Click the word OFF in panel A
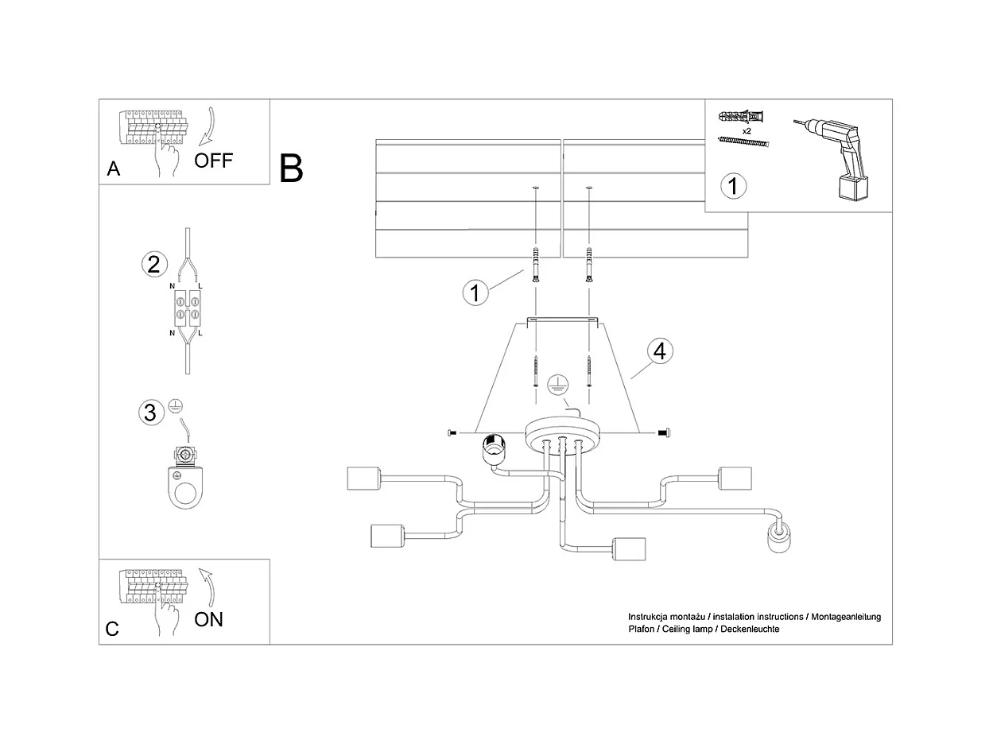pyautogui.click(x=214, y=161)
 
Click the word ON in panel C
pyautogui.click(x=208, y=619)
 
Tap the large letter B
pyautogui.click(x=291, y=169)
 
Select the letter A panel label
pyautogui.click(x=114, y=169)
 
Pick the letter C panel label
pyautogui.click(x=112, y=630)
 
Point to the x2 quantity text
pyautogui.click(x=747, y=130)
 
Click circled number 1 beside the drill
pyautogui.click(x=733, y=186)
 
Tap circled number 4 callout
pyautogui.click(x=660, y=351)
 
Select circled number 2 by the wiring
pyautogui.click(x=153, y=263)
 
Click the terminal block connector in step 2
pyautogui.click(x=188, y=308)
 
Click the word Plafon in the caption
pyautogui.click(x=642, y=629)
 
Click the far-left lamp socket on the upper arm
pyautogui.click(x=364, y=479)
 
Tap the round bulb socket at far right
pyautogui.click(x=778, y=538)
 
